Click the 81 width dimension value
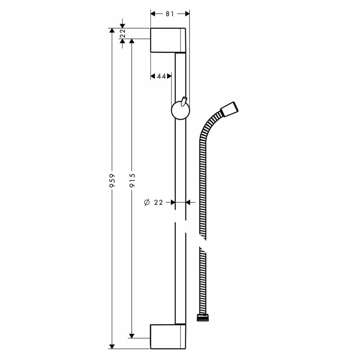170,14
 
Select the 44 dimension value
161,76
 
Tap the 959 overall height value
112,180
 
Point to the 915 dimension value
132,180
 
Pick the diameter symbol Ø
147,202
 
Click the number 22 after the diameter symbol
158,202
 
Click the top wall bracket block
168,40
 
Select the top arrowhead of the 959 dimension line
112,31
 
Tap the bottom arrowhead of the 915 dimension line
132,335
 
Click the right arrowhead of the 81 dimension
187,14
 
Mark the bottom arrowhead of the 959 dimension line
112,346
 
